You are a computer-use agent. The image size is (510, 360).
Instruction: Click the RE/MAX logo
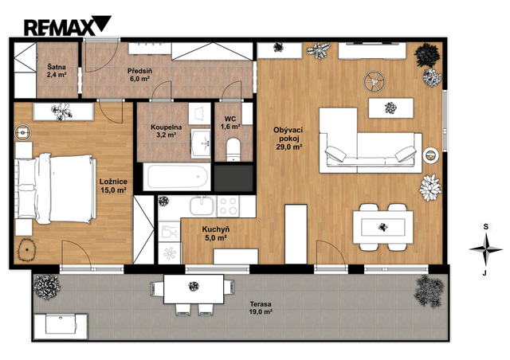pyautogui.click(x=67, y=25)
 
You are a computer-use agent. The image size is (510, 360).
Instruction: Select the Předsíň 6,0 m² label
pyautogui.click(x=139, y=75)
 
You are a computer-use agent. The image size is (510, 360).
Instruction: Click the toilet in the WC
pyautogui.click(x=233, y=150)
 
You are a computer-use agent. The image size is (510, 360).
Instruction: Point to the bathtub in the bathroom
pyautogui.click(x=177, y=177)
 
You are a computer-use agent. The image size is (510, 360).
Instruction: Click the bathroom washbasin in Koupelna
pyautogui.click(x=201, y=143)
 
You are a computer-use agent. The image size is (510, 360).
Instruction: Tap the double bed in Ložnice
pyautogui.click(x=56, y=189)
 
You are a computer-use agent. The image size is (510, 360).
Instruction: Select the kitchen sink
pyautogui.click(x=202, y=205)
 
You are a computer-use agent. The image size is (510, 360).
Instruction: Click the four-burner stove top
pyautogui.click(x=228, y=206)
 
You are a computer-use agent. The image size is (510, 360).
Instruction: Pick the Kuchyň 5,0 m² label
pyautogui.click(x=214, y=233)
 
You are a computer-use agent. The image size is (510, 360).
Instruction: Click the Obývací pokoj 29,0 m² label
pyautogui.click(x=288, y=139)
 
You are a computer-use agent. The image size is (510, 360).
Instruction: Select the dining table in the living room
pyautogui.click(x=383, y=227)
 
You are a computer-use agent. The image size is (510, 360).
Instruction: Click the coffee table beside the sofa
pyautogui.click(x=391, y=108)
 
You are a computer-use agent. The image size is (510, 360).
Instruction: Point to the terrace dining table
pyautogui.click(x=194, y=289)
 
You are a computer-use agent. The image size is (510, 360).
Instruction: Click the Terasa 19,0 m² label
pyautogui.click(x=261, y=308)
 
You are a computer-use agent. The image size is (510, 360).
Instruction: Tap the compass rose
pyautogui.click(x=485, y=249)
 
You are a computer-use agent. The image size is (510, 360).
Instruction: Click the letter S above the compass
pyautogui.click(x=485, y=227)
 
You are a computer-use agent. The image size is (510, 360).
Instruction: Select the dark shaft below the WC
pyautogui.click(x=233, y=178)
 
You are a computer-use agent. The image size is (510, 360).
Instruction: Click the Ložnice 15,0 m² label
pyautogui.click(x=113, y=186)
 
